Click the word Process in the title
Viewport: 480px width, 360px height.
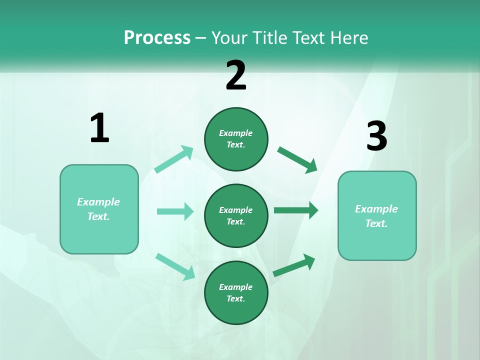tap(157, 38)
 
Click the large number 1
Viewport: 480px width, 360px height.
tap(99, 128)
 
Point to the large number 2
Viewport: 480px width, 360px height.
tap(236, 75)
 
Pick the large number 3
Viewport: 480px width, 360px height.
tap(376, 136)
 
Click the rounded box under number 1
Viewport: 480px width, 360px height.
tap(99, 209)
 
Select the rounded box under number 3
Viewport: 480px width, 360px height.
tap(377, 216)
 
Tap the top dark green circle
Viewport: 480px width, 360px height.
tap(236, 139)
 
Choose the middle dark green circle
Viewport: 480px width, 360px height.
tap(236, 215)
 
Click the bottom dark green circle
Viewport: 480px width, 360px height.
tap(236, 292)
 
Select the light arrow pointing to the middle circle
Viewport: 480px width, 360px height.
tap(175, 211)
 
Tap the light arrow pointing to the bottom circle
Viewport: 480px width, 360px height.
tap(175, 266)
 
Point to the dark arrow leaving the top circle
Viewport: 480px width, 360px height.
tap(297, 160)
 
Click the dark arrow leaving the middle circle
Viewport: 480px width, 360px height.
tap(296, 210)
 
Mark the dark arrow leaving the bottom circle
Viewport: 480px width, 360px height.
tap(294, 265)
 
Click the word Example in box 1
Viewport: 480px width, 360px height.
tap(98, 202)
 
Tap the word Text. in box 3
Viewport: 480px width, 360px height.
tap(376, 223)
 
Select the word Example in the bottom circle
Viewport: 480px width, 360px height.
tap(236, 287)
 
